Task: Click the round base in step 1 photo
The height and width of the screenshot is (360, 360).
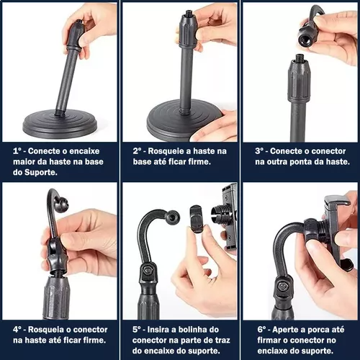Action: pyautogui.click(x=60, y=124)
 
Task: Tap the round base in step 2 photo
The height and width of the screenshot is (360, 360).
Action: pyautogui.click(x=181, y=120)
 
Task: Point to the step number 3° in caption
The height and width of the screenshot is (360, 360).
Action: pyautogui.click(x=259, y=151)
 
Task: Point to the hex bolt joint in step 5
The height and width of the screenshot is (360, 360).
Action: pyautogui.click(x=147, y=271)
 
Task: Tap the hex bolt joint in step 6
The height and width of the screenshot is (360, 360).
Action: pyautogui.click(x=282, y=287)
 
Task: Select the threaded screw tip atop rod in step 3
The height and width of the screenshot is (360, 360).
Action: pyautogui.click(x=300, y=58)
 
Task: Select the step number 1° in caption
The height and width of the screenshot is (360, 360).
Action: pyautogui.click(x=17, y=151)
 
